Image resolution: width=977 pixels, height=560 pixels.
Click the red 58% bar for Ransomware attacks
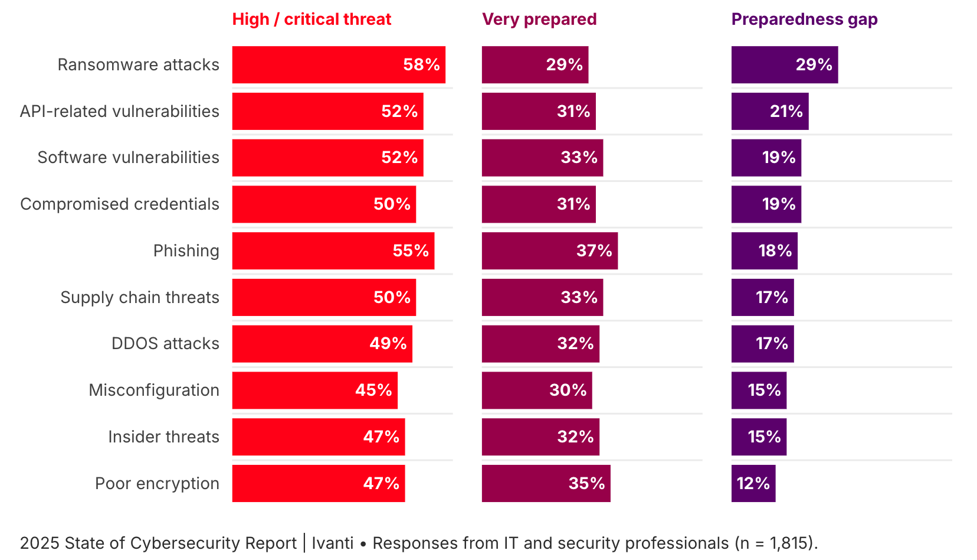tap(339, 65)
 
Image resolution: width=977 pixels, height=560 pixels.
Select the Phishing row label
tap(186, 251)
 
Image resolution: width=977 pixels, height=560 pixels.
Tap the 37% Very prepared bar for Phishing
tap(549, 251)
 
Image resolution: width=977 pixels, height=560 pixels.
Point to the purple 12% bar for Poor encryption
tap(753, 484)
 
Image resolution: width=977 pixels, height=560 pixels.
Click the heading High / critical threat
tap(312, 19)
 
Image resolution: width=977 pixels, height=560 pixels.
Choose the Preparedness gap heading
tap(804, 19)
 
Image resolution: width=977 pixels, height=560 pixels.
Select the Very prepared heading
tap(539, 19)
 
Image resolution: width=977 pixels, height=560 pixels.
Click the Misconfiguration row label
tap(154, 390)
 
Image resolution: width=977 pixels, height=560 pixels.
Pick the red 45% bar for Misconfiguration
tap(314, 390)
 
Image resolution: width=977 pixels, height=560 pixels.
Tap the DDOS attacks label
tap(165, 344)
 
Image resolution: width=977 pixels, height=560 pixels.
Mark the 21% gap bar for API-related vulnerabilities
tap(769, 112)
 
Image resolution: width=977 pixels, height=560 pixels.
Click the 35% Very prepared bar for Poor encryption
tap(546, 484)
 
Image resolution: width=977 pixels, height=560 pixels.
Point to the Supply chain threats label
tap(140, 298)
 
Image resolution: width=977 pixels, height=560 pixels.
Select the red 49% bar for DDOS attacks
tap(322, 344)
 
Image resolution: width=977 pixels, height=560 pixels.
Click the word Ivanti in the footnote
tap(333, 543)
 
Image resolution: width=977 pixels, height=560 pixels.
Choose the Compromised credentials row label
tap(120, 204)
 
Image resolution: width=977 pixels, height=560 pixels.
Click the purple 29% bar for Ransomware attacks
tap(784, 65)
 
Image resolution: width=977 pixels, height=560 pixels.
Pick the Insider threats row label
tap(163, 437)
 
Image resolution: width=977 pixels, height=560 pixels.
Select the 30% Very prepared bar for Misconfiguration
tap(536, 390)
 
